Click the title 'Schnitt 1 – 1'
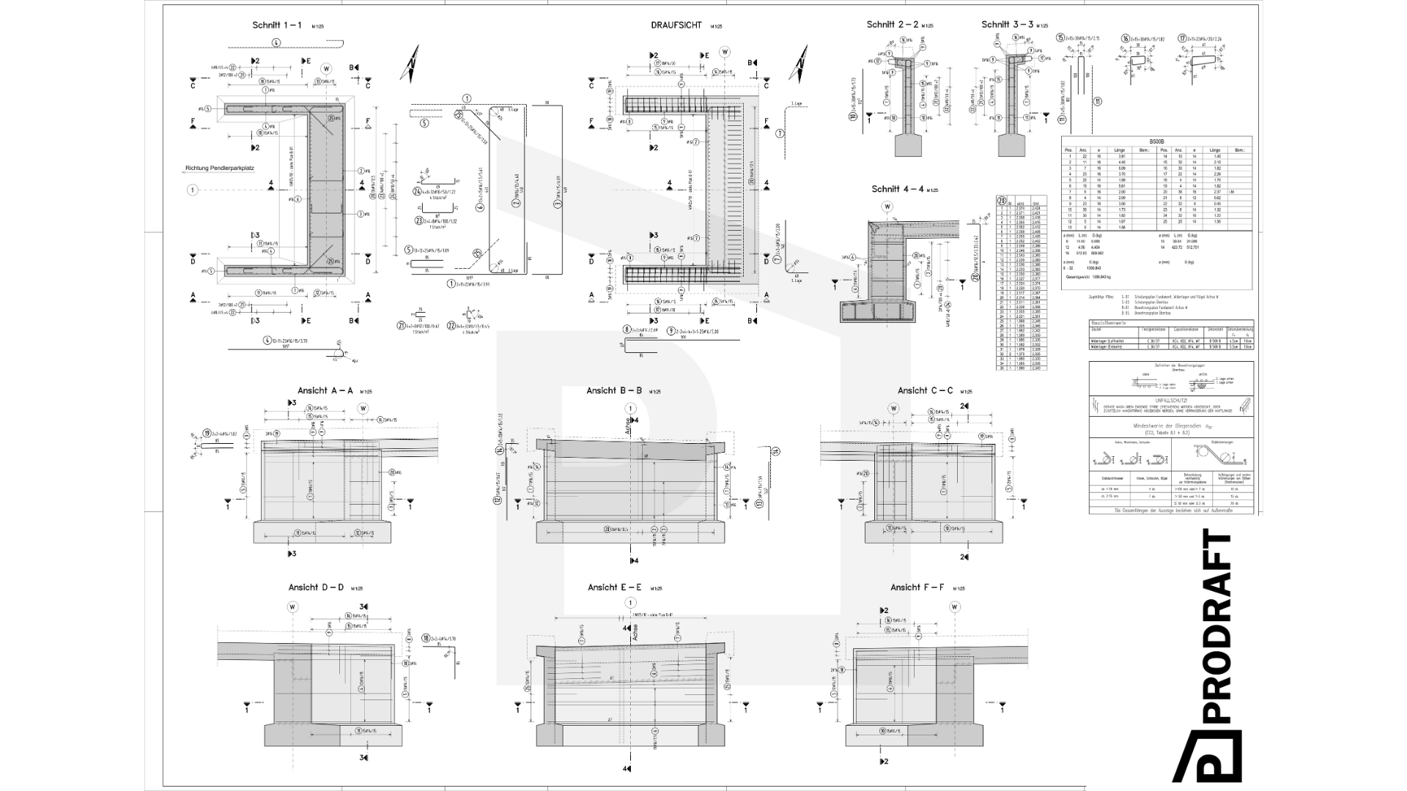click(x=277, y=25)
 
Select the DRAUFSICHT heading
click(x=676, y=25)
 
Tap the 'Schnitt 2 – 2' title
click(x=892, y=25)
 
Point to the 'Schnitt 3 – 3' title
click(x=1007, y=25)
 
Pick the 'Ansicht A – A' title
click(x=325, y=390)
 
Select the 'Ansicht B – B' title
click(x=614, y=390)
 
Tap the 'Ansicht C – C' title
click(x=925, y=390)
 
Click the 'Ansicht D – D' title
click(x=316, y=587)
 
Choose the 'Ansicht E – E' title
click(x=615, y=587)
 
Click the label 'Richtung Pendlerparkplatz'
click(x=219, y=168)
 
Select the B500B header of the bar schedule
click(x=1157, y=141)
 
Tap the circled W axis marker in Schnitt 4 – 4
click(x=888, y=207)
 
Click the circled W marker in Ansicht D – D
click(x=293, y=606)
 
